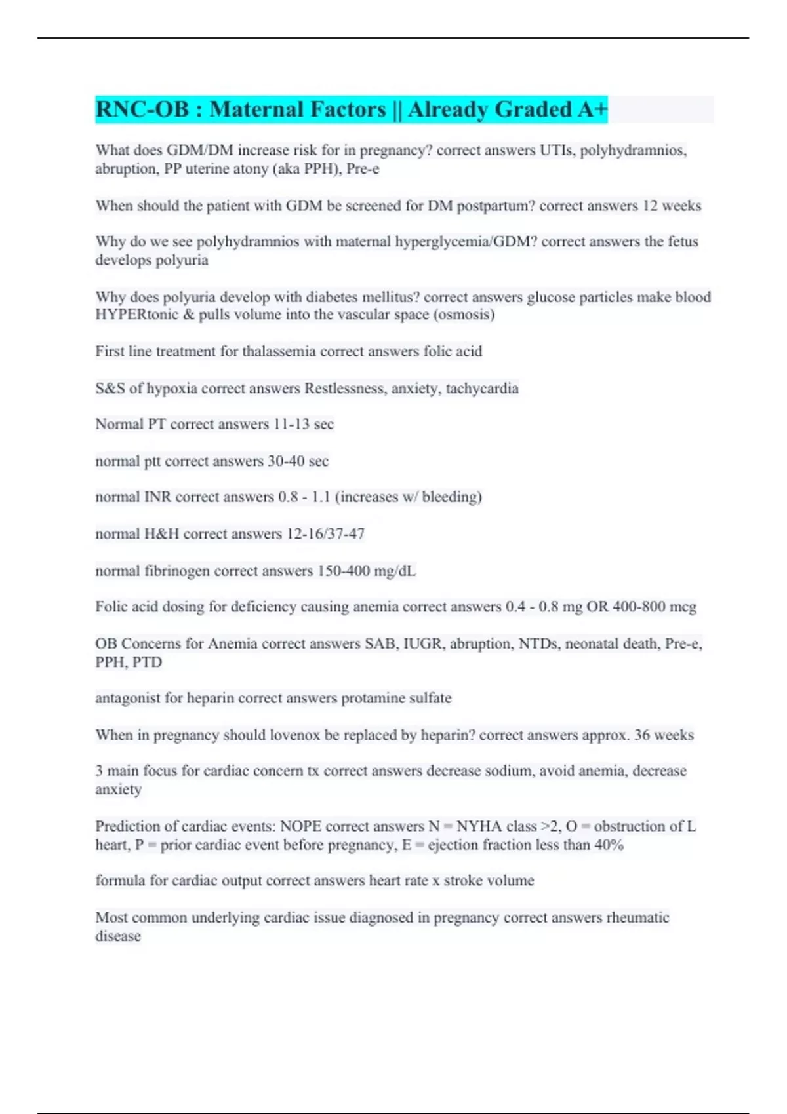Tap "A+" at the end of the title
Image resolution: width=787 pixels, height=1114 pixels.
click(x=592, y=109)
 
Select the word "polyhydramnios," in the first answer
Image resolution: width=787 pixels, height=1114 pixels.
click(x=634, y=151)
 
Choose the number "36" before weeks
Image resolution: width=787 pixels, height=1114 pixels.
click(x=642, y=735)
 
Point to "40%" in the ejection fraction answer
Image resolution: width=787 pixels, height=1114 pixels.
click(x=609, y=845)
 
